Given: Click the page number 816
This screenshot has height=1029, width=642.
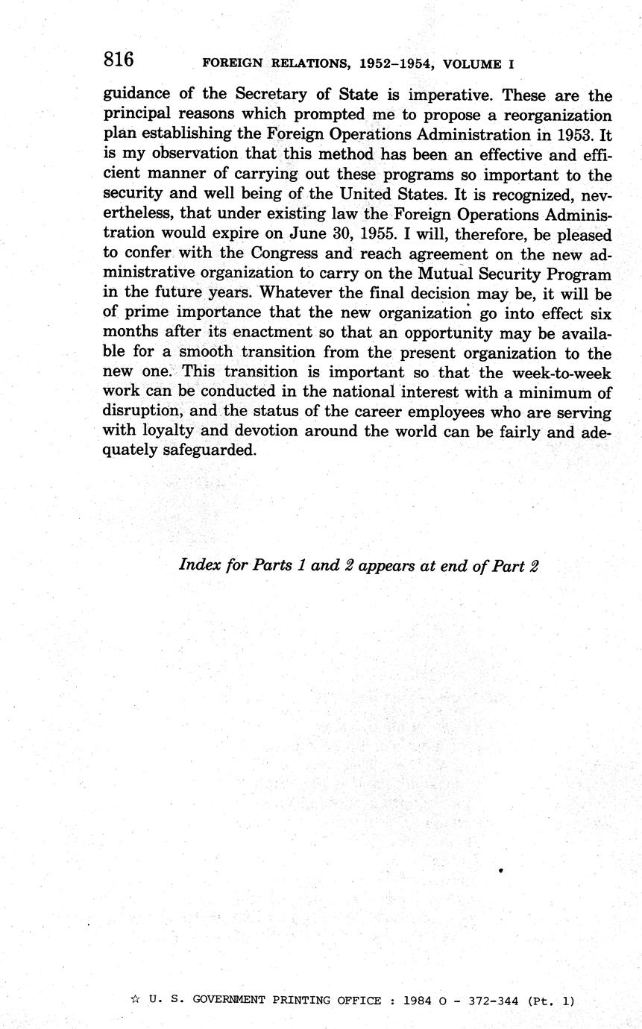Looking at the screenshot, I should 119,60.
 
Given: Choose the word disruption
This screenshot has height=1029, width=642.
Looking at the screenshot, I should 142,412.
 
